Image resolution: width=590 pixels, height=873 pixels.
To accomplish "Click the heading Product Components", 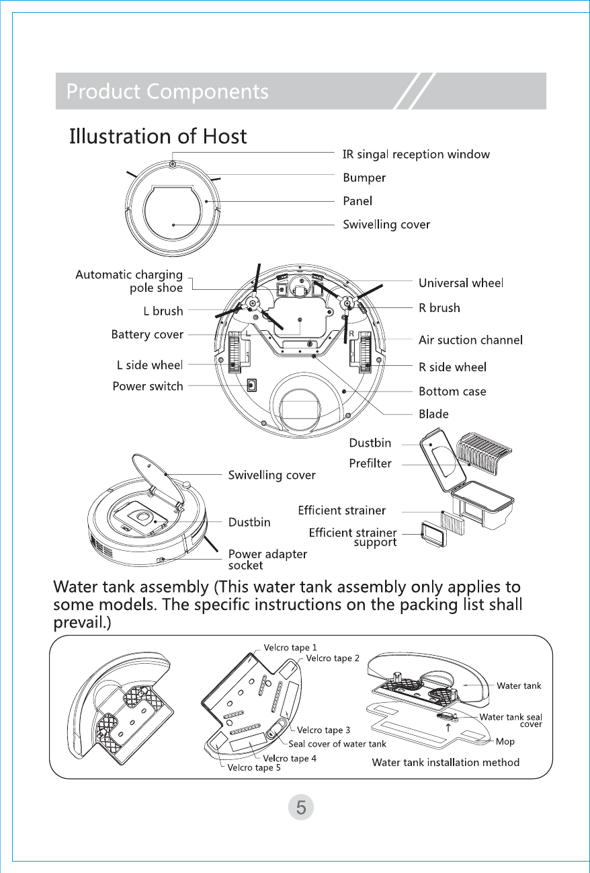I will pyautogui.click(x=167, y=91).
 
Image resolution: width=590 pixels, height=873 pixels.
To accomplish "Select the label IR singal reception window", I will pyautogui.click(x=416, y=155).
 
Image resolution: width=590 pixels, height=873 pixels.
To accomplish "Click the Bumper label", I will pyautogui.click(x=364, y=178).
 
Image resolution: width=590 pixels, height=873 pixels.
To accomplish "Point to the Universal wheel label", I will pyautogui.click(x=461, y=283).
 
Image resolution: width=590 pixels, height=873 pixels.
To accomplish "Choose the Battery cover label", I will pyautogui.click(x=147, y=334).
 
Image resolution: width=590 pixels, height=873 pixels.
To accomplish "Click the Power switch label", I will pyautogui.click(x=148, y=386).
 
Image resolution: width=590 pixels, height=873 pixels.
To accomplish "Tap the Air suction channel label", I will pyautogui.click(x=470, y=340).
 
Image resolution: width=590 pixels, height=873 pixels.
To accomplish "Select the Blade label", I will pyautogui.click(x=433, y=414).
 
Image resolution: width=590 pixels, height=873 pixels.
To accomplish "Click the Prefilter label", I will pyautogui.click(x=370, y=463).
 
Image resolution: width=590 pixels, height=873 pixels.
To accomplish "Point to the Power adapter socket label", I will pyautogui.click(x=267, y=560).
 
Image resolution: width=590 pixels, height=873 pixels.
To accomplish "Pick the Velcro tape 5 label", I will pyautogui.click(x=255, y=767).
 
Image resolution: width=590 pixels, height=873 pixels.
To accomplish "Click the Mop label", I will pyautogui.click(x=505, y=741).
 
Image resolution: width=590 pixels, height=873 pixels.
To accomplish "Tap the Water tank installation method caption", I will pyautogui.click(x=446, y=763).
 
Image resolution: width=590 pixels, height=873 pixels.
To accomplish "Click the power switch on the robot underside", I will pyautogui.click(x=252, y=386).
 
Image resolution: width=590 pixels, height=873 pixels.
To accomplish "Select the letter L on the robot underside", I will pyautogui.click(x=248, y=333).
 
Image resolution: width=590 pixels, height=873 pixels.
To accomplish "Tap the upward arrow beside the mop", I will pyautogui.click(x=448, y=727).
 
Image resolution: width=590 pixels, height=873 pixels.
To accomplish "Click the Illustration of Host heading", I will pyautogui.click(x=159, y=137).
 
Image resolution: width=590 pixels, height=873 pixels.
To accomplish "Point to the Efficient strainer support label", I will pyautogui.click(x=352, y=537).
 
